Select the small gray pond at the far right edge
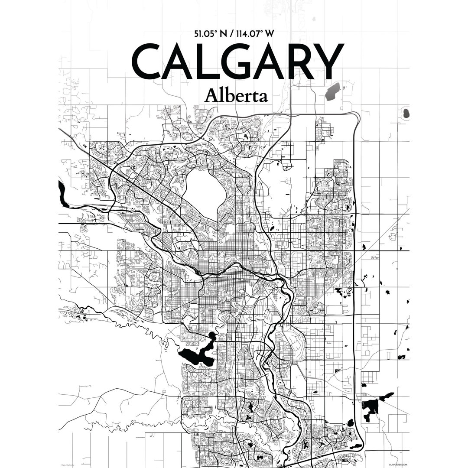tap(406, 114)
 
